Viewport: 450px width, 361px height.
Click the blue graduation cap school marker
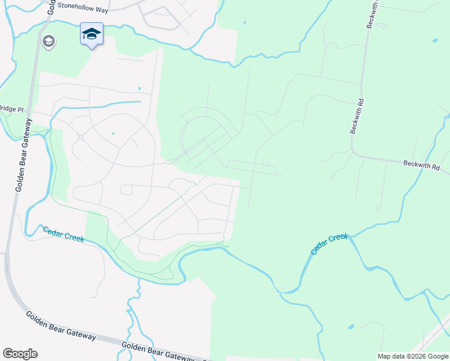91,34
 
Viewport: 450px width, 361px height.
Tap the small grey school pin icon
49,42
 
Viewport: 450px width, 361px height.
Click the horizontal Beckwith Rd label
426,164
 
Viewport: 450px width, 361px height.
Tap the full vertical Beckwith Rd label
359,113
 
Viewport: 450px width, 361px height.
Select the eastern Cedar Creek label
330,244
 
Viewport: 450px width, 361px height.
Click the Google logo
20,354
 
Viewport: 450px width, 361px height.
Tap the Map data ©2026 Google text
413,356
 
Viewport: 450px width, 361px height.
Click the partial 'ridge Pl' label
11,109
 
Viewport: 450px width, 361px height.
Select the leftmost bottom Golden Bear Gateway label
60,326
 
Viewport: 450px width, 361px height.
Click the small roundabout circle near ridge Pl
80,137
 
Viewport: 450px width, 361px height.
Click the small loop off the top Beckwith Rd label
383,25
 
